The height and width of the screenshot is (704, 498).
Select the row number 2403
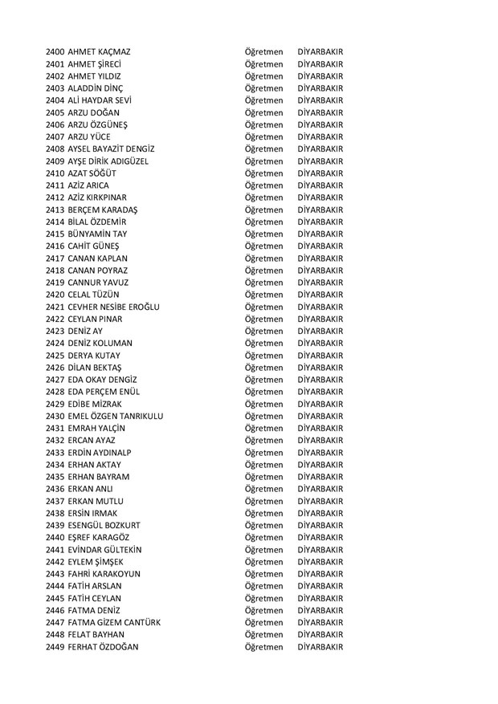tap(56, 88)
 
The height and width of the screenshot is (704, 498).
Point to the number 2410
tap(56, 173)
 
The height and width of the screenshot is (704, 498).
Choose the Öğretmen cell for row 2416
tap(264, 246)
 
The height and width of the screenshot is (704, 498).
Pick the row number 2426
tap(56, 367)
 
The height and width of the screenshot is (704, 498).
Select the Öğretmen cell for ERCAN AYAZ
tap(264, 440)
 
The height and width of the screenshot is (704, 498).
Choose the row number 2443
tap(56, 574)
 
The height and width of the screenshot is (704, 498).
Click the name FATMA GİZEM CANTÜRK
tap(115, 622)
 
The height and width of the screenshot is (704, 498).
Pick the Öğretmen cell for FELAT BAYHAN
tap(264, 634)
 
